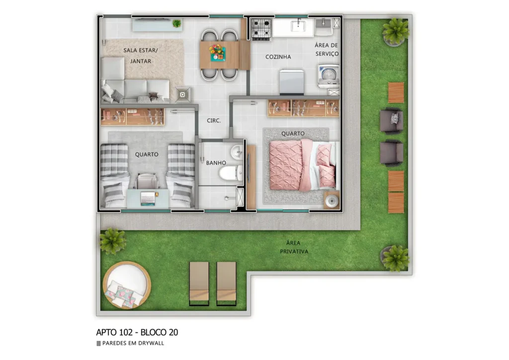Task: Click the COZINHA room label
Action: pos(278,57)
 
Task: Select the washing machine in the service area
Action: pos(328,75)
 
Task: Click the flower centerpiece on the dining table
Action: pos(217,52)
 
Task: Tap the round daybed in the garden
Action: pos(126,285)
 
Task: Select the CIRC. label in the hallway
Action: pos(214,121)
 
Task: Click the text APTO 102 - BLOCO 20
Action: pos(137,332)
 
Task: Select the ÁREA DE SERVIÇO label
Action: pos(327,49)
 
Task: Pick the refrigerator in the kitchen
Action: pos(292,82)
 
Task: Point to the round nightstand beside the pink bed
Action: pos(332,201)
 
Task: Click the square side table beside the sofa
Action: pos(182,93)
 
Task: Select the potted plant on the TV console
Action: pos(176,23)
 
